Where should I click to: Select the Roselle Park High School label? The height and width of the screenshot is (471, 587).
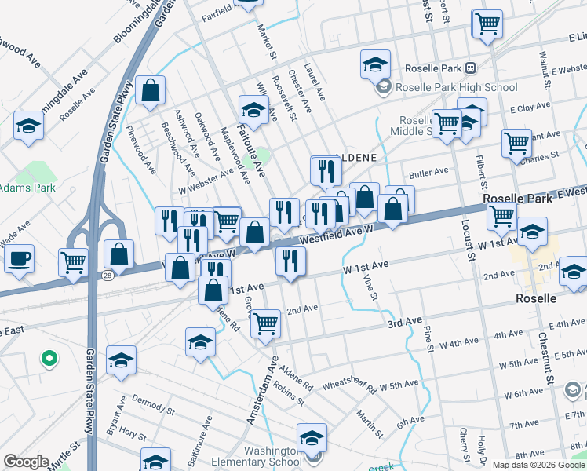(456, 87)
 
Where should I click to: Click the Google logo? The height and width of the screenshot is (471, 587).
(26, 461)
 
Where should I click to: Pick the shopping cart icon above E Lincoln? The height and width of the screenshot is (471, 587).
(487, 24)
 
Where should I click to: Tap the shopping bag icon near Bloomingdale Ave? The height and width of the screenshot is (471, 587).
(149, 90)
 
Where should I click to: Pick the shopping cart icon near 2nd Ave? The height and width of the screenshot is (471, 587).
(266, 322)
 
